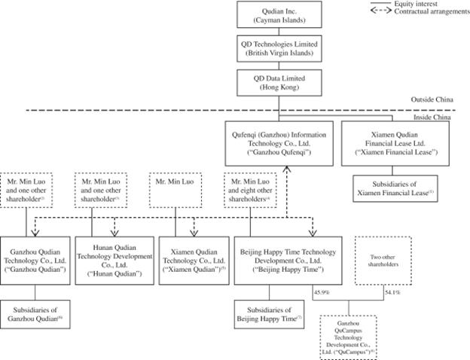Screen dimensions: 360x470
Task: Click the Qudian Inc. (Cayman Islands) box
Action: coord(279,16)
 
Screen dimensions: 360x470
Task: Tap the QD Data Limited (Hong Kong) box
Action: coord(279,82)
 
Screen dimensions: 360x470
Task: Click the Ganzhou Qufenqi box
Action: coord(278,142)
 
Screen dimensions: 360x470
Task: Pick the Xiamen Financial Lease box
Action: coord(395,142)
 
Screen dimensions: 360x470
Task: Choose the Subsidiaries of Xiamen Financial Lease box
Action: coord(395,188)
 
